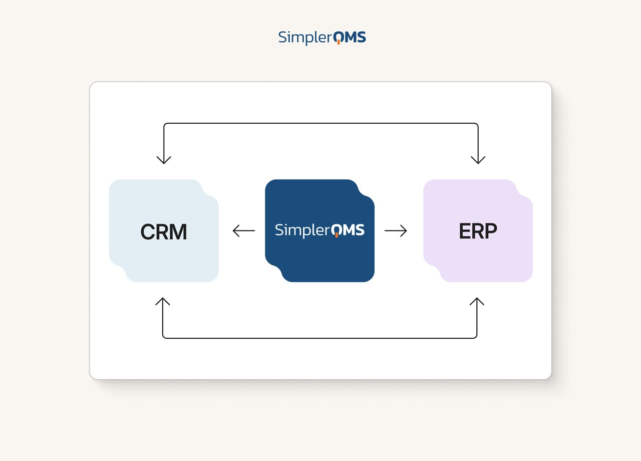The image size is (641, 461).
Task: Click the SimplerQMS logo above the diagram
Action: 322,38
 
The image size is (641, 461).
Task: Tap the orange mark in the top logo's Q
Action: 339,42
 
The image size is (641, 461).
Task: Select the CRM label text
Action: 164,232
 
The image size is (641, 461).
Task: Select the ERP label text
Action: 478,231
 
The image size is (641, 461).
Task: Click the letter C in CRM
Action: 148,232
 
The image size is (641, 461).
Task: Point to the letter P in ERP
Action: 491,231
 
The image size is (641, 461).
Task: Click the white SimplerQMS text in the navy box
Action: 319,230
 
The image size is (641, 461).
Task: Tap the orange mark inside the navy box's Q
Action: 337,234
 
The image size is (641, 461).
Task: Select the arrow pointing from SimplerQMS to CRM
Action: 244,231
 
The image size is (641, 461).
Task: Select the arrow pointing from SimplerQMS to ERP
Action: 396,231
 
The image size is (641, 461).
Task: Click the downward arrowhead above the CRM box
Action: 164,159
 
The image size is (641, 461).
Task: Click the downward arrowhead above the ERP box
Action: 478,159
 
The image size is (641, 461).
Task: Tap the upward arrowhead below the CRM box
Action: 163,302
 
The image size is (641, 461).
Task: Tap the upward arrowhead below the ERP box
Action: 477,302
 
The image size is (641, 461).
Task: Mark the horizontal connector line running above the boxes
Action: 320,123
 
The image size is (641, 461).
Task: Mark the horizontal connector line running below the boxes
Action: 320,338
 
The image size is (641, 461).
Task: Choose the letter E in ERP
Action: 465,231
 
